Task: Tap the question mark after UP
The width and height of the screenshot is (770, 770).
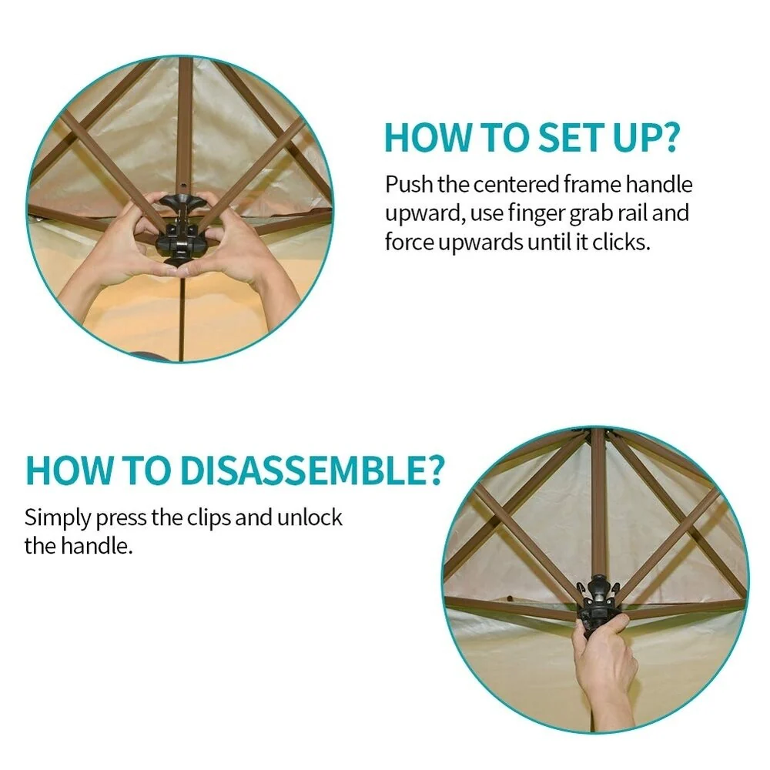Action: (668, 138)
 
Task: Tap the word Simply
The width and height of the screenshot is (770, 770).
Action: (58, 518)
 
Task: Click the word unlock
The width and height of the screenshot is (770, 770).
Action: (310, 517)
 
